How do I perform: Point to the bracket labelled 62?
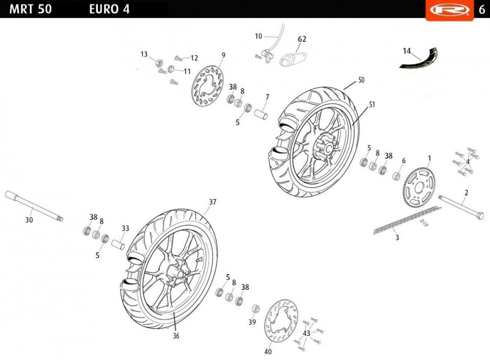pyautogui.click(x=294, y=58)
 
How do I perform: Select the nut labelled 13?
pyautogui.click(x=158, y=62)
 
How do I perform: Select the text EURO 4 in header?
pyautogui.click(x=109, y=9)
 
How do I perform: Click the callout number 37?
pyautogui.click(x=212, y=202)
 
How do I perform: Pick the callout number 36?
pyautogui.click(x=176, y=336)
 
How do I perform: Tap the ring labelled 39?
pyautogui.click(x=255, y=309)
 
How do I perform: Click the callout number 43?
pyautogui.click(x=307, y=333)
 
